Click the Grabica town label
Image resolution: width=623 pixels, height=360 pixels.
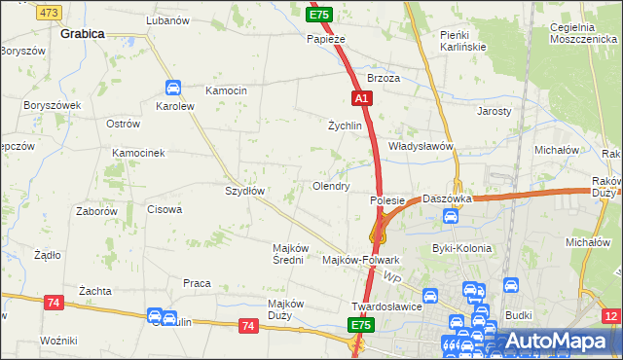(82, 32)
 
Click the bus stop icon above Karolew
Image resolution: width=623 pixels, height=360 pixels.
(173, 87)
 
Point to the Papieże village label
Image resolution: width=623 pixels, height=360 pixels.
(326, 39)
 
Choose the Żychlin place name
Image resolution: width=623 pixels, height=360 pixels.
(345, 126)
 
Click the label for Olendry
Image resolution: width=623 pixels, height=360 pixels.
(330, 185)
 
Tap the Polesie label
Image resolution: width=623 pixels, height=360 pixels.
(386, 199)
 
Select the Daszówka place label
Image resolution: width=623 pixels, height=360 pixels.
(447, 198)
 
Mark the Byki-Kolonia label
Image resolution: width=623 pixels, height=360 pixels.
(461, 248)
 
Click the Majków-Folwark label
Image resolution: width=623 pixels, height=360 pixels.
(360, 260)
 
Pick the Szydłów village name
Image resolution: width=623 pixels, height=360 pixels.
(245, 191)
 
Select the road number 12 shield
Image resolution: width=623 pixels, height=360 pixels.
(610, 316)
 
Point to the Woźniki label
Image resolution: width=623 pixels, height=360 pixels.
(58, 340)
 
